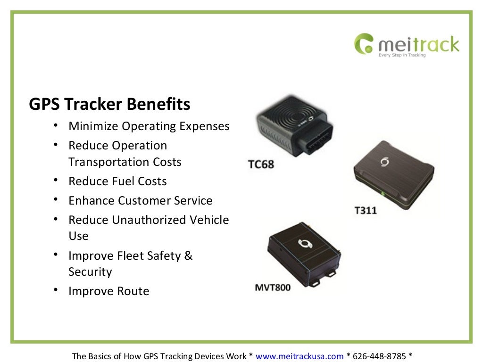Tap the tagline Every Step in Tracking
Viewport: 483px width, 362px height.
(402, 55)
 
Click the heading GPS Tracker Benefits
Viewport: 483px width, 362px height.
(109, 104)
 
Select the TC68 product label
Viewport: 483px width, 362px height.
(261, 165)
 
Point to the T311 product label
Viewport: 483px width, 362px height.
(366, 210)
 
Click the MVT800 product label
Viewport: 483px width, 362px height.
(273, 287)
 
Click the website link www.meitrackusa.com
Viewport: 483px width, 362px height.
(300, 356)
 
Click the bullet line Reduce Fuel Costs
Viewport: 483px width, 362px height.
(117, 181)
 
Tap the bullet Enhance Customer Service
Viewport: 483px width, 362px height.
(140, 200)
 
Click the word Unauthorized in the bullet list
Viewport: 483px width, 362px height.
(150, 220)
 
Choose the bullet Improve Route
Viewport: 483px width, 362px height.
(108, 291)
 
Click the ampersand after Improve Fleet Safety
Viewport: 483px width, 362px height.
(188, 255)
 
